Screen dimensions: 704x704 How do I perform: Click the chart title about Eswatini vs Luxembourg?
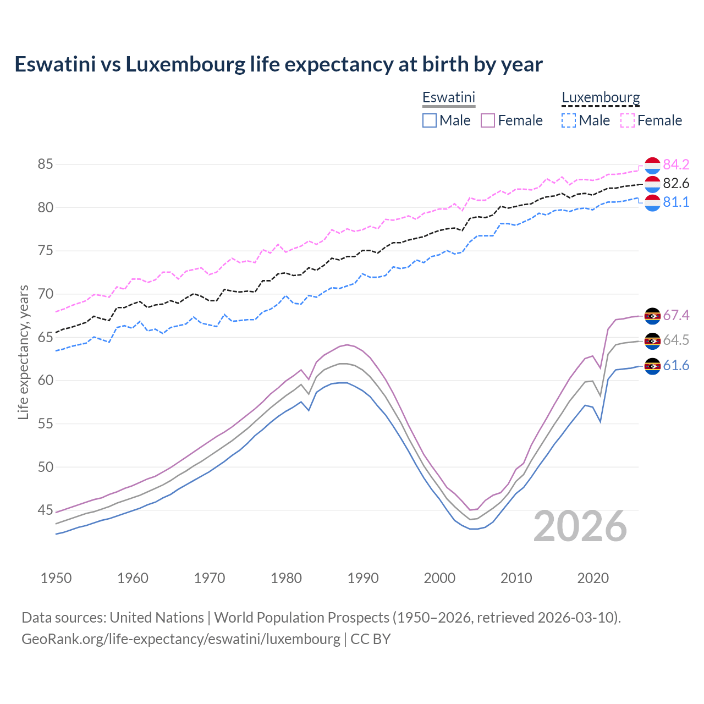[278, 64]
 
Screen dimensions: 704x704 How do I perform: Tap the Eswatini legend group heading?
[448, 97]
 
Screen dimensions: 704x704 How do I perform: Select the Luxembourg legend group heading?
[601, 97]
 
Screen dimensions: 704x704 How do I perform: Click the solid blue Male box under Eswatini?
[430, 120]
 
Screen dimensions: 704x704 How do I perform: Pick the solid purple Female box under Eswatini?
[488, 120]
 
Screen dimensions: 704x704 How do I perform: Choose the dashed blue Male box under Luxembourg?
[569, 120]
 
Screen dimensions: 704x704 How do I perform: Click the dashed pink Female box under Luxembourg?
[628, 120]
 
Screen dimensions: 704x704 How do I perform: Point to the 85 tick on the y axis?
[45, 164]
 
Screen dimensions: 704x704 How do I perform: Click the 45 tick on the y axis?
[45, 510]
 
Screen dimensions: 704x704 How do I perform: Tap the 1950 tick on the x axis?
[56, 578]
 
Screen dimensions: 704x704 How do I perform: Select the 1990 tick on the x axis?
[363, 578]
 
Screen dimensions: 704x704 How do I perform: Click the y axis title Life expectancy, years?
[23, 352]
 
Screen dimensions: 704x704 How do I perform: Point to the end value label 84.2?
[676, 164]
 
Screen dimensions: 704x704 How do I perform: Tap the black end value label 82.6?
[676, 183]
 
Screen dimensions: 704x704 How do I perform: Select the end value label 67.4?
[676, 315]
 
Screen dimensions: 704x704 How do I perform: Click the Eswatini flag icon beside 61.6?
[652, 366]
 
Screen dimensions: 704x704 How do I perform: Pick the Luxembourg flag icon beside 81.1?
[652, 202]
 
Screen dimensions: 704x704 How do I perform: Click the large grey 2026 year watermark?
[580, 526]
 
